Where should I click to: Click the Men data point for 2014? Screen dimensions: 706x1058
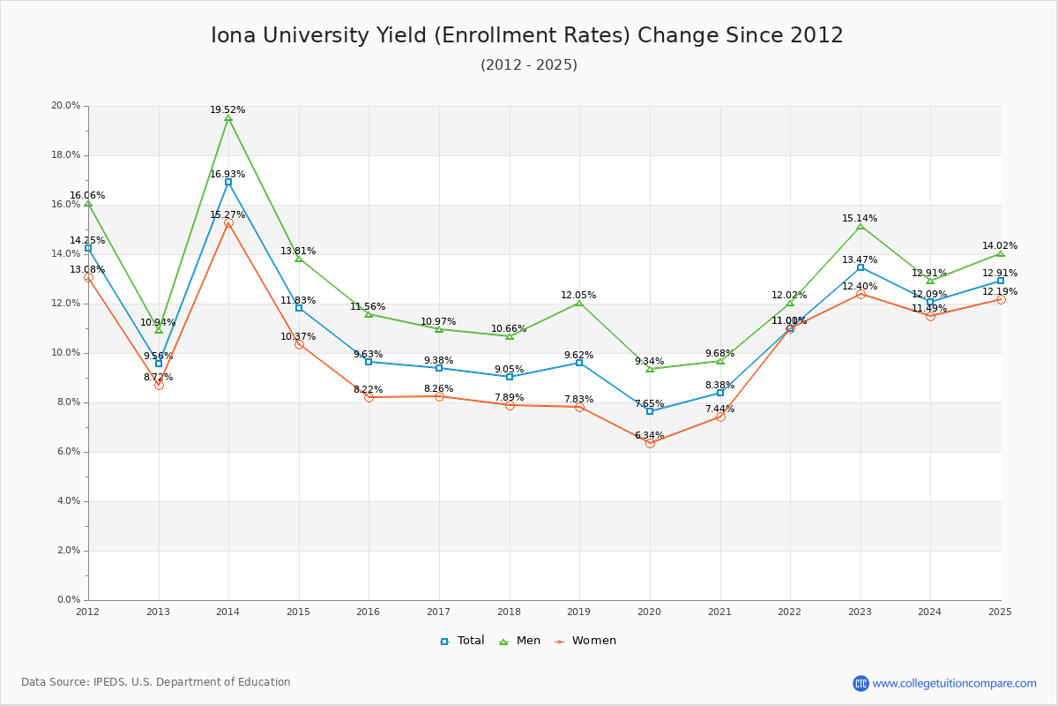coord(228,118)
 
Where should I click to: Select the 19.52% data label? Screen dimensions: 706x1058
coord(227,110)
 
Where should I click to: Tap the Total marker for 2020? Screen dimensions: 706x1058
coord(650,411)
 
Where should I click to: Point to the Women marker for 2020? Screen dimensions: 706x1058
coord(650,443)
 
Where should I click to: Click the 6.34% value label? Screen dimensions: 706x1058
coord(649,436)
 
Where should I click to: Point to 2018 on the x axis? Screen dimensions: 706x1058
coord(509,612)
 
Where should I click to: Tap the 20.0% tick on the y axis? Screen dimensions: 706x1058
coord(66,106)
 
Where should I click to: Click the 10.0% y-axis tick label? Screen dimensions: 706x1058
coord(66,353)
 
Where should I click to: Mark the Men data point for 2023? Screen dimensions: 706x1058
coord(861,227)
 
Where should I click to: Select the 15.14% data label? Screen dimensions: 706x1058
coord(860,219)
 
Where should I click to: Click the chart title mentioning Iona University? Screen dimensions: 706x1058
coord(527,35)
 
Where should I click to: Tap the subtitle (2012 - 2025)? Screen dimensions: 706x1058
coord(529,65)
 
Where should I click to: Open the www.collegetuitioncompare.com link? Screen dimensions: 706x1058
coord(954,683)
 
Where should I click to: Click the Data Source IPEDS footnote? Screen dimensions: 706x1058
coord(156,682)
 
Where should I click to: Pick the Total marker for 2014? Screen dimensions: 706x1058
coord(228,182)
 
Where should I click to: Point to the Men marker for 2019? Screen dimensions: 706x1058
coord(579,303)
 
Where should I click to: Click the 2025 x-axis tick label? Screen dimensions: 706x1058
coord(1000,612)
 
